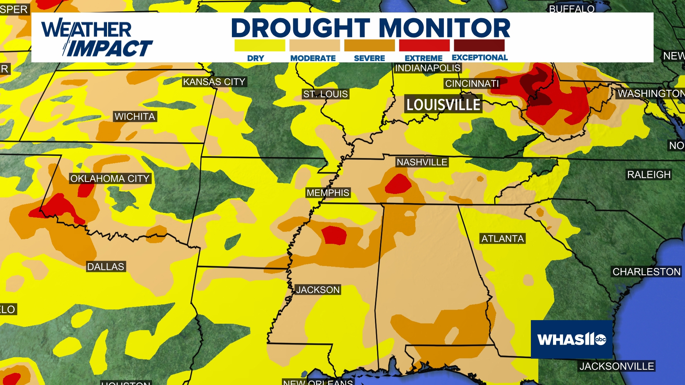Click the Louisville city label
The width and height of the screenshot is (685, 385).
pos(443,104)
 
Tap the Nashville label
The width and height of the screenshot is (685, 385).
pos(422,162)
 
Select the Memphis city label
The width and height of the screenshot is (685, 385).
pos(328,193)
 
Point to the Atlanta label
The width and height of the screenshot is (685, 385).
pos(502,238)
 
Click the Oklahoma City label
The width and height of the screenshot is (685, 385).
pos(110,179)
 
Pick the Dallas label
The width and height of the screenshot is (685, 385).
pos(106,267)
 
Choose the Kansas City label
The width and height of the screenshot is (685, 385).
pos(214,82)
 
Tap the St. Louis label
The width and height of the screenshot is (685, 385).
pos(325,94)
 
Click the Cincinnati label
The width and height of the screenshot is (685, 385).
pos(472,84)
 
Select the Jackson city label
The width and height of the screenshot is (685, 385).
pos(318,290)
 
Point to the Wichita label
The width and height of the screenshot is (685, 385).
pos(135,117)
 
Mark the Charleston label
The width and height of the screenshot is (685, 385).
pos(646,272)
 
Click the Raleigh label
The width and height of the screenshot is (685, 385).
pos(649,175)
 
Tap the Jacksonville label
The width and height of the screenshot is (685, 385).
pos(616,366)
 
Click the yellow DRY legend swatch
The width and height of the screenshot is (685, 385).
pos(260,46)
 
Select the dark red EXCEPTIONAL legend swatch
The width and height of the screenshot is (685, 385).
pos(479,46)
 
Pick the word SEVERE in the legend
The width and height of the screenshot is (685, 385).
pos(369,58)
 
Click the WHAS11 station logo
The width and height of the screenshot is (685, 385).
pos(572,339)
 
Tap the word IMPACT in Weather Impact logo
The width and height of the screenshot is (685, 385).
pos(110,48)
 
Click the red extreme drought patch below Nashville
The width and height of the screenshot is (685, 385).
pos(398,184)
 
